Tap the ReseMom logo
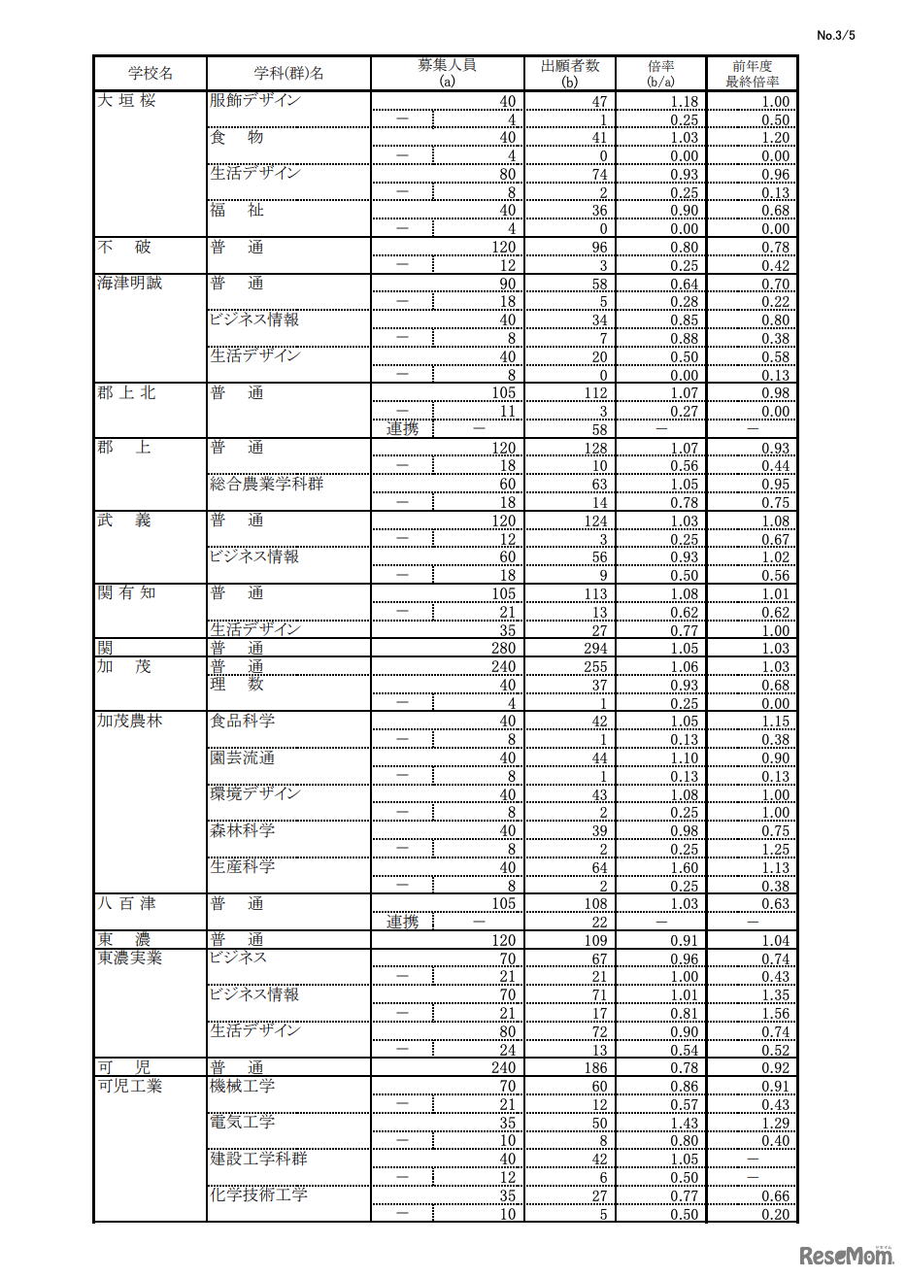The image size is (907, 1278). coord(846,1255)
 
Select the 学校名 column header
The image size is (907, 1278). coord(151,74)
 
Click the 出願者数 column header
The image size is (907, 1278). coord(570,73)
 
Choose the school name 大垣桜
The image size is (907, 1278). coord(126,100)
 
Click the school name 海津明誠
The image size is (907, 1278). coord(130,283)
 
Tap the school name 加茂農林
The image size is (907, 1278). coord(130,722)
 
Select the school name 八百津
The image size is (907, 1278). coord(126,903)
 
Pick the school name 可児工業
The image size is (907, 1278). coord(130,1086)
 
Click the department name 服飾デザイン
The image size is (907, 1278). coord(255,100)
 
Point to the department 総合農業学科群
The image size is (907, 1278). coord(267,484)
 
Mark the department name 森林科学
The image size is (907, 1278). coord(243,831)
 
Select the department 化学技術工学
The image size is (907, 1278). coord(259,1195)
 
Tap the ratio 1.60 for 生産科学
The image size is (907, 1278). coord(684,868)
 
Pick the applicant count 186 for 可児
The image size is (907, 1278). coord(595,1068)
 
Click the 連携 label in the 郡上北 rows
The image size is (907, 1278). coord(403,429)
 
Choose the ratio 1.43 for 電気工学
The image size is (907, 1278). coord(684,1124)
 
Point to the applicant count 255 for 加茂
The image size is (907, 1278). coord(595,667)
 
